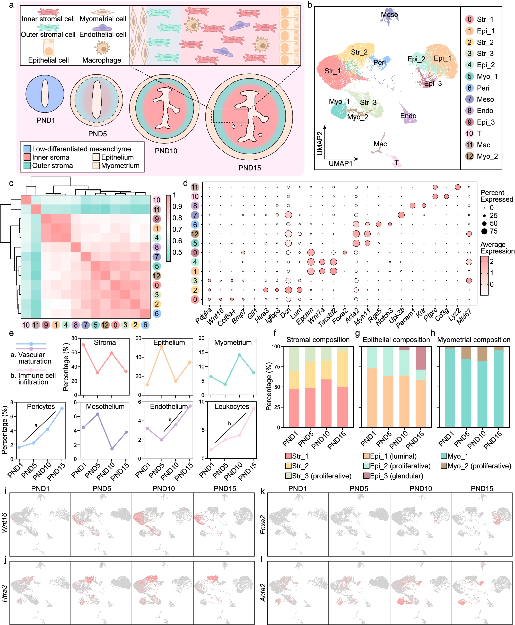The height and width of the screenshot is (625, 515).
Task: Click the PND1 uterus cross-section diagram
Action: (x=45, y=94)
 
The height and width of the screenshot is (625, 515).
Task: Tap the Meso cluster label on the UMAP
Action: (x=389, y=14)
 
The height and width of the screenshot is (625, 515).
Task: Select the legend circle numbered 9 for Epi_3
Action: (x=469, y=122)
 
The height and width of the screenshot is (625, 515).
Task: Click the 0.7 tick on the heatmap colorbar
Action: (x=177, y=229)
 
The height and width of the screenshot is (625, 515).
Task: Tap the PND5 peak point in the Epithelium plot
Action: (x=161, y=346)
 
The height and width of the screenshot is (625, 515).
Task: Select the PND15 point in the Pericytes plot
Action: (x=62, y=408)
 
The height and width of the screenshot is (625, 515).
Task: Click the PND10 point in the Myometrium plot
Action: (x=239, y=355)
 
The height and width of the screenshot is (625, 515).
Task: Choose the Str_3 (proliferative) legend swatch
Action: (x=288, y=476)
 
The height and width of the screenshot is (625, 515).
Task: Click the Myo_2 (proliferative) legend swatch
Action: (x=444, y=466)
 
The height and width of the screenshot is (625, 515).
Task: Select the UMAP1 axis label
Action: (x=340, y=164)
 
